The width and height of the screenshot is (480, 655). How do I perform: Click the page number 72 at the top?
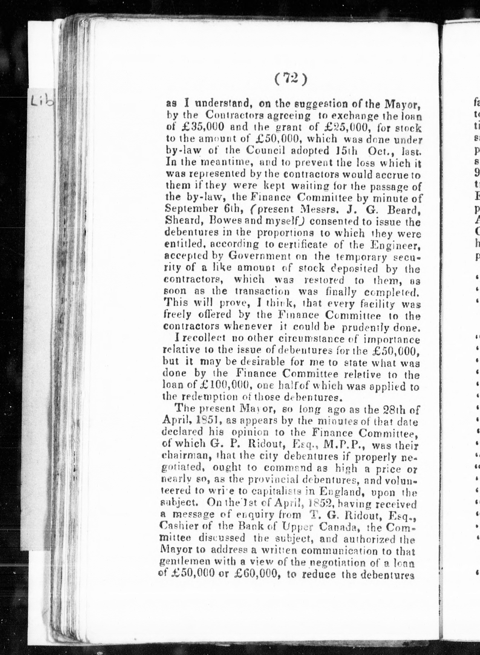pyautogui.click(x=291, y=78)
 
